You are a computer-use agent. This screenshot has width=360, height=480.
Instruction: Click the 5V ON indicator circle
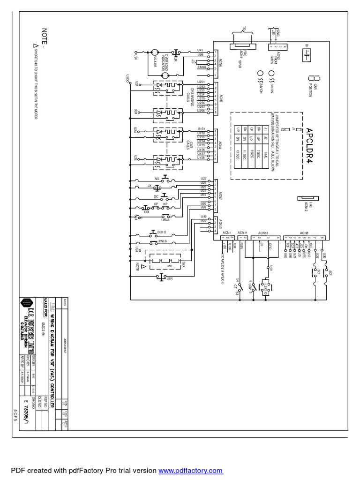[x=271, y=74]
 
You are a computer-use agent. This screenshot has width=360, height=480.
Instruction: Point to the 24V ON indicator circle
[x=260, y=74]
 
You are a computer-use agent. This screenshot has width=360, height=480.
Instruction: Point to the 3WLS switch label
[x=163, y=241]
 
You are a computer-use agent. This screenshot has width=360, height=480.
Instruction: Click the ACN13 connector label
[x=263, y=232]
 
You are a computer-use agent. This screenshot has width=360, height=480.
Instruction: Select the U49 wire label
[x=203, y=216]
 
